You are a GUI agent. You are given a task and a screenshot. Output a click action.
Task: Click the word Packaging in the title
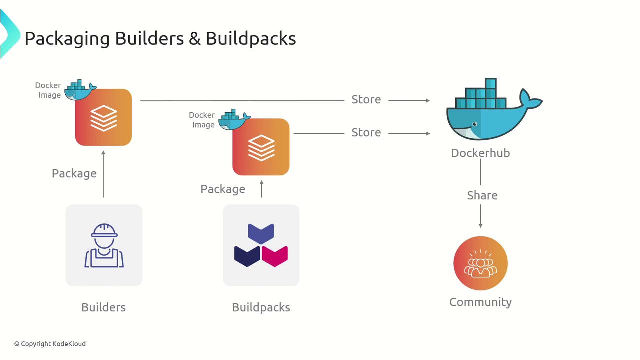pyautogui.click(x=67, y=39)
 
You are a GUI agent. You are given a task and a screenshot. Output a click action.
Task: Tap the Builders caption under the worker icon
pyautogui.click(x=103, y=307)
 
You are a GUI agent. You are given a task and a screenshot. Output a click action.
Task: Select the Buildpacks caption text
pyautogui.click(x=261, y=307)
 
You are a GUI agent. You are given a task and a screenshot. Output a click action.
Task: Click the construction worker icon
pyautogui.click(x=104, y=245)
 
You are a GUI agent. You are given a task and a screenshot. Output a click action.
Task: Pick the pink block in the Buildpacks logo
pyautogui.click(x=274, y=255)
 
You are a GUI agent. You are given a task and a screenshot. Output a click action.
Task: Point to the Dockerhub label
pyautogui.click(x=480, y=153)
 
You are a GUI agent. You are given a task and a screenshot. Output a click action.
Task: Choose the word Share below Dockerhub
pyautogui.click(x=482, y=195)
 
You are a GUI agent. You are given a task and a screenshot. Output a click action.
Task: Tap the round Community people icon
pyautogui.click(x=480, y=263)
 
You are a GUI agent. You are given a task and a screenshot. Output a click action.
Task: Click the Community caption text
pyautogui.click(x=480, y=302)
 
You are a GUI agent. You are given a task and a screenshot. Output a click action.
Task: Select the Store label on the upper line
pyautogui.click(x=366, y=100)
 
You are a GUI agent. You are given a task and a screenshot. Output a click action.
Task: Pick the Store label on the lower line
pyautogui.click(x=366, y=133)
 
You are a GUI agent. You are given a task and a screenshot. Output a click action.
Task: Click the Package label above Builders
pyautogui.click(x=74, y=173)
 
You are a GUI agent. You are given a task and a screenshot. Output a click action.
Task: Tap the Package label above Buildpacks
pyautogui.click(x=223, y=189)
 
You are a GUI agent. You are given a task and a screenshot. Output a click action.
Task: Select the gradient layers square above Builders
pyautogui.click(x=103, y=118)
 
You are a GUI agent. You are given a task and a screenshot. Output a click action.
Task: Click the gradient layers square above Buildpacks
pyautogui.click(x=261, y=147)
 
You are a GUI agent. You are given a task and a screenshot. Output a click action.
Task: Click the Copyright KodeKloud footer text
pyautogui.click(x=50, y=344)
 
